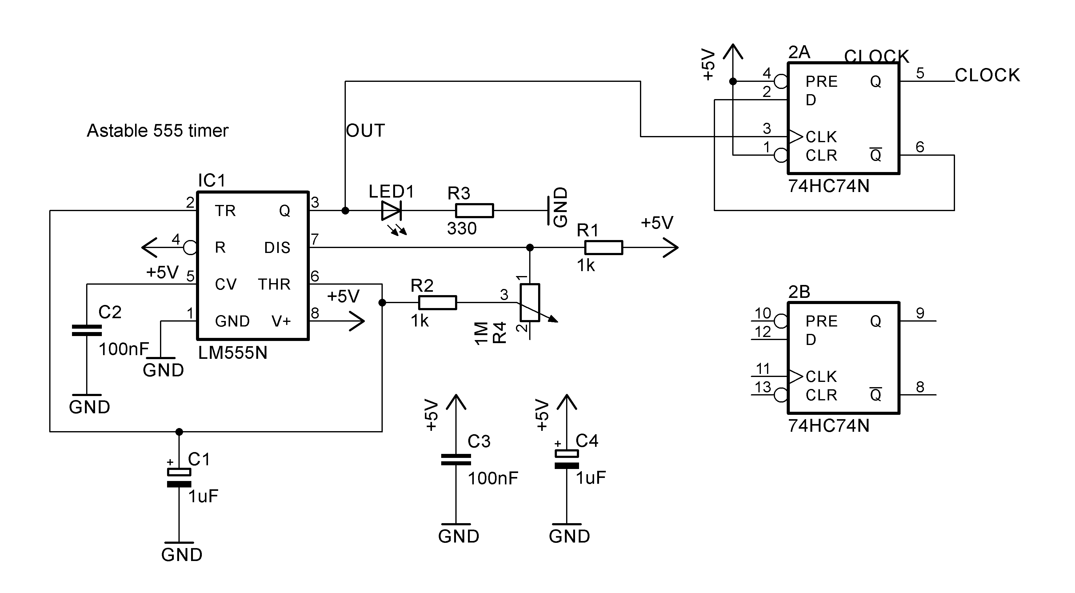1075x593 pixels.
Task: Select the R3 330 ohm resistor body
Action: click(474, 211)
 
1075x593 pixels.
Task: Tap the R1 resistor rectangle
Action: click(603, 247)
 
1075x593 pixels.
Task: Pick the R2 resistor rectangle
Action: click(437, 303)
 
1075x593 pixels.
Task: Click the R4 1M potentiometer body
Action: click(530, 303)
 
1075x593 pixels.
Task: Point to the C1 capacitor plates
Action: click(179, 478)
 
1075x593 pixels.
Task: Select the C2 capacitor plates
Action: click(87, 331)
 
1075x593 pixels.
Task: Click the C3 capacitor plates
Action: click(456, 459)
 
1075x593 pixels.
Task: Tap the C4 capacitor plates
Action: click(566, 459)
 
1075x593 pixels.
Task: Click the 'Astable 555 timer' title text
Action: click(157, 130)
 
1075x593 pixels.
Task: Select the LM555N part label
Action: click(232, 353)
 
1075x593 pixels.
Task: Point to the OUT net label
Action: click(365, 130)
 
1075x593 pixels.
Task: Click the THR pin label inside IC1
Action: click(274, 284)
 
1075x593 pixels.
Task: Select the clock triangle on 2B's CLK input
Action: click(795, 376)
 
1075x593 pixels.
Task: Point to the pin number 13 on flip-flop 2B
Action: click(763, 387)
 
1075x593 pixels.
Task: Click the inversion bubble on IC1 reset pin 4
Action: click(190, 247)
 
